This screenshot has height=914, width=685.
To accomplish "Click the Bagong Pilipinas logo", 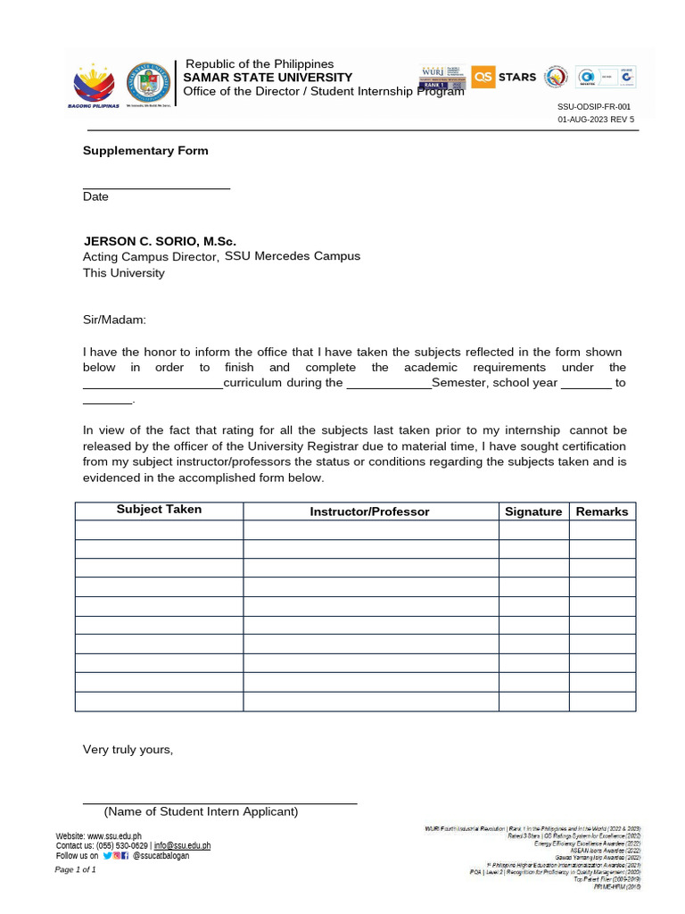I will click(94, 84).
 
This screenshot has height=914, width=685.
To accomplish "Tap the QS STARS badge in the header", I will click(504, 77).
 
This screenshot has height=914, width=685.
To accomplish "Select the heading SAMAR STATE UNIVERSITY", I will click(268, 78).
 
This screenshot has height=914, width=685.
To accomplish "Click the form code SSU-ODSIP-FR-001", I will click(593, 106).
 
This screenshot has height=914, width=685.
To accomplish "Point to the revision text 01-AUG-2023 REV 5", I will click(596, 119).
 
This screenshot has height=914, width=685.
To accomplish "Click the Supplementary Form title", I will click(145, 151).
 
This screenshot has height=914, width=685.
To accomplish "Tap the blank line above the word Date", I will click(156, 187).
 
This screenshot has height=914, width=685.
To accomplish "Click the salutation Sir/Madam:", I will click(114, 320).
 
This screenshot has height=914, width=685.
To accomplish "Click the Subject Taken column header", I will click(159, 510).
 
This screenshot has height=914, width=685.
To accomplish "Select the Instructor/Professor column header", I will click(369, 511).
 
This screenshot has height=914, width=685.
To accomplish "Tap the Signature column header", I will click(533, 511).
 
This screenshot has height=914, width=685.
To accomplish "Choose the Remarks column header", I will click(602, 511).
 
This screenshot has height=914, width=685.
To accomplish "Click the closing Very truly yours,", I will click(128, 750).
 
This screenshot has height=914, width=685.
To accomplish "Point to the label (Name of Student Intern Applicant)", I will click(201, 811).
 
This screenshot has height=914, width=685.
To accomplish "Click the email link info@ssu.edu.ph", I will click(182, 845).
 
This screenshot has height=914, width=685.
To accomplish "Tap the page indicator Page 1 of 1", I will click(76, 869).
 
